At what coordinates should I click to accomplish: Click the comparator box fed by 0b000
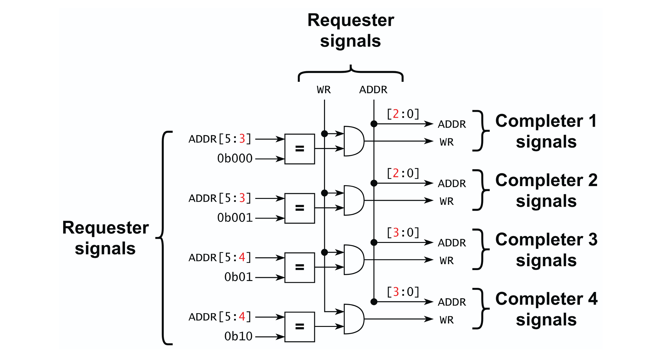pyautogui.click(x=299, y=149)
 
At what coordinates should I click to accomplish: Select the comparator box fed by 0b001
pyautogui.click(x=299, y=208)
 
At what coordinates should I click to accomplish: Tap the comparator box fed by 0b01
pyautogui.click(x=299, y=268)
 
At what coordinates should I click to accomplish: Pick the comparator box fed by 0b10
pyautogui.click(x=299, y=327)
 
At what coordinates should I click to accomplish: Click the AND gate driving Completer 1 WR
pyautogui.click(x=353, y=141)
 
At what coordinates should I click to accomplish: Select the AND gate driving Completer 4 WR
pyautogui.click(x=353, y=319)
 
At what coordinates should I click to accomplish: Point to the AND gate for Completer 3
pyautogui.click(x=353, y=260)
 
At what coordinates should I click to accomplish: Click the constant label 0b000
pyautogui.click(x=235, y=159)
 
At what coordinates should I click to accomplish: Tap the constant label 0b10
pyautogui.click(x=238, y=337)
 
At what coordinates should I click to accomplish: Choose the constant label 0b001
pyautogui.click(x=235, y=218)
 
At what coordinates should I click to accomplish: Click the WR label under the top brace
pyautogui.click(x=324, y=90)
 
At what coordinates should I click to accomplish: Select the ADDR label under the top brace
pyautogui.click(x=373, y=90)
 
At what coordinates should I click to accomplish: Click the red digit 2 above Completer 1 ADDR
pyautogui.click(x=396, y=114)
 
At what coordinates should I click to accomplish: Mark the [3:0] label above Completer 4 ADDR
pyautogui.click(x=403, y=292)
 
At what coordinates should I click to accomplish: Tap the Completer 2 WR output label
pyautogui.click(x=446, y=201)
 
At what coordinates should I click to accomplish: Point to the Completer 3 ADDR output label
pyautogui.click(x=452, y=243)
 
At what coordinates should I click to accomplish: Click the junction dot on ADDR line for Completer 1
pyautogui.click(x=374, y=124)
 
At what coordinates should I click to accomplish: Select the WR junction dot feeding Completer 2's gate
pyautogui.click(x=325, y=193)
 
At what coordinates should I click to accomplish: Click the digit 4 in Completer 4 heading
pyautogui.click(x=593, y=299)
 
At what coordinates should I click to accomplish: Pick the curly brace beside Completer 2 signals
pyautogui.click(x=480, y=190)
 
